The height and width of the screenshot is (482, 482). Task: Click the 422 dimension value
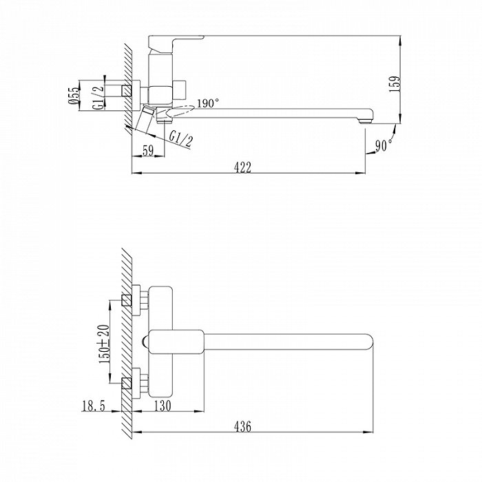pos(242,167)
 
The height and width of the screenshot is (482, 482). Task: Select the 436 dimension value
pos(242,426)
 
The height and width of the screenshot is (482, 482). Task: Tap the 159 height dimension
pos(395,84)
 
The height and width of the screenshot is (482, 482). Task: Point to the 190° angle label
pos(208,103)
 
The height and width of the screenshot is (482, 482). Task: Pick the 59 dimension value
pos(148,151)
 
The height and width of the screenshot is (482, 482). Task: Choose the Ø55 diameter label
pos(74,95)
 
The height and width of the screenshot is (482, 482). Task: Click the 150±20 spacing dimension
pos(104,344)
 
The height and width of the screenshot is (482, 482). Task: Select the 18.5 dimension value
pos(94,406)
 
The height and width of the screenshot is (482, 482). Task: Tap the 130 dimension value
pos(163,406)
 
